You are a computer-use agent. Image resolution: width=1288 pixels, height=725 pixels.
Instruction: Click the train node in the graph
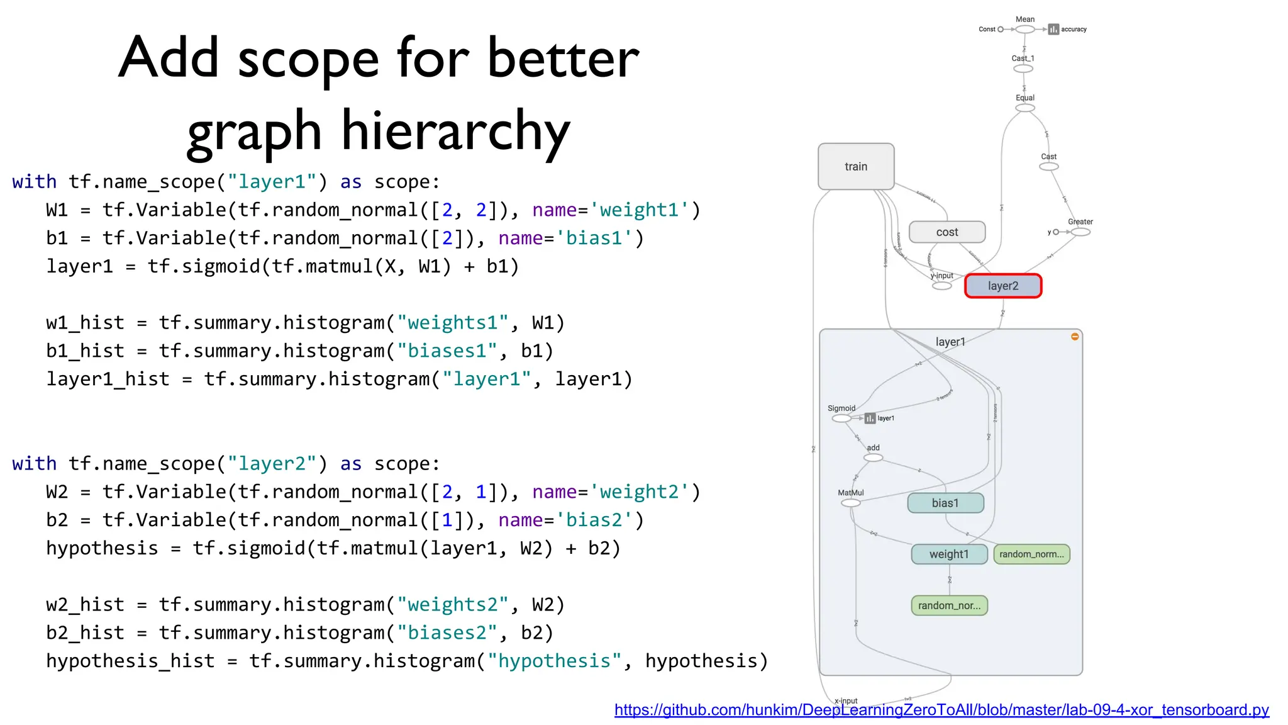(855, 166)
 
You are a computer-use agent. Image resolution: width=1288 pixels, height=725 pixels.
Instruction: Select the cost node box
(947, 232)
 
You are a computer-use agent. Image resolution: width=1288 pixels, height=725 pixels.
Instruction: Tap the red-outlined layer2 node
(1002, 286)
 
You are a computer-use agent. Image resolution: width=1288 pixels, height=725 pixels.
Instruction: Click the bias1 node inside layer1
(945, 503)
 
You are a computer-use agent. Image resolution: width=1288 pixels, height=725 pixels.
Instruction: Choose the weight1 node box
(949, 554)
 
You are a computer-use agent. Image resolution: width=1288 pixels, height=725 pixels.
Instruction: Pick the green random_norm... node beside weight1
(1031, 554)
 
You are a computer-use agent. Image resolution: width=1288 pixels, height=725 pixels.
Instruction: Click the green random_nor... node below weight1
(949, 605)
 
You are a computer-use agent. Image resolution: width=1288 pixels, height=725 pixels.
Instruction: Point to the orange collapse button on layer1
(1075, 337)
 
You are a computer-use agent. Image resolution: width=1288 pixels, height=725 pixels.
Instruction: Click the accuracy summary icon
(1053, 30)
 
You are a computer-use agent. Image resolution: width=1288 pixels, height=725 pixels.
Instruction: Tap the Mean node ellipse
(1025, 30)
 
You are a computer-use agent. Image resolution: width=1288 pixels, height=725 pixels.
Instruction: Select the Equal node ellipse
(1025, 108)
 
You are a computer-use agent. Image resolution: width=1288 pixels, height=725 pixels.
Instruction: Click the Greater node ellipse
(1080, 232)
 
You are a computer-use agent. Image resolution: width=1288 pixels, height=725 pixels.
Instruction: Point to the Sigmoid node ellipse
(841, 418)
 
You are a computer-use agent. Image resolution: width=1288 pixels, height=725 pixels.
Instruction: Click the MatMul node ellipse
(850, 503)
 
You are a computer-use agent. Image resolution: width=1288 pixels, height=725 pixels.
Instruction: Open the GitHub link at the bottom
(941, 710)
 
